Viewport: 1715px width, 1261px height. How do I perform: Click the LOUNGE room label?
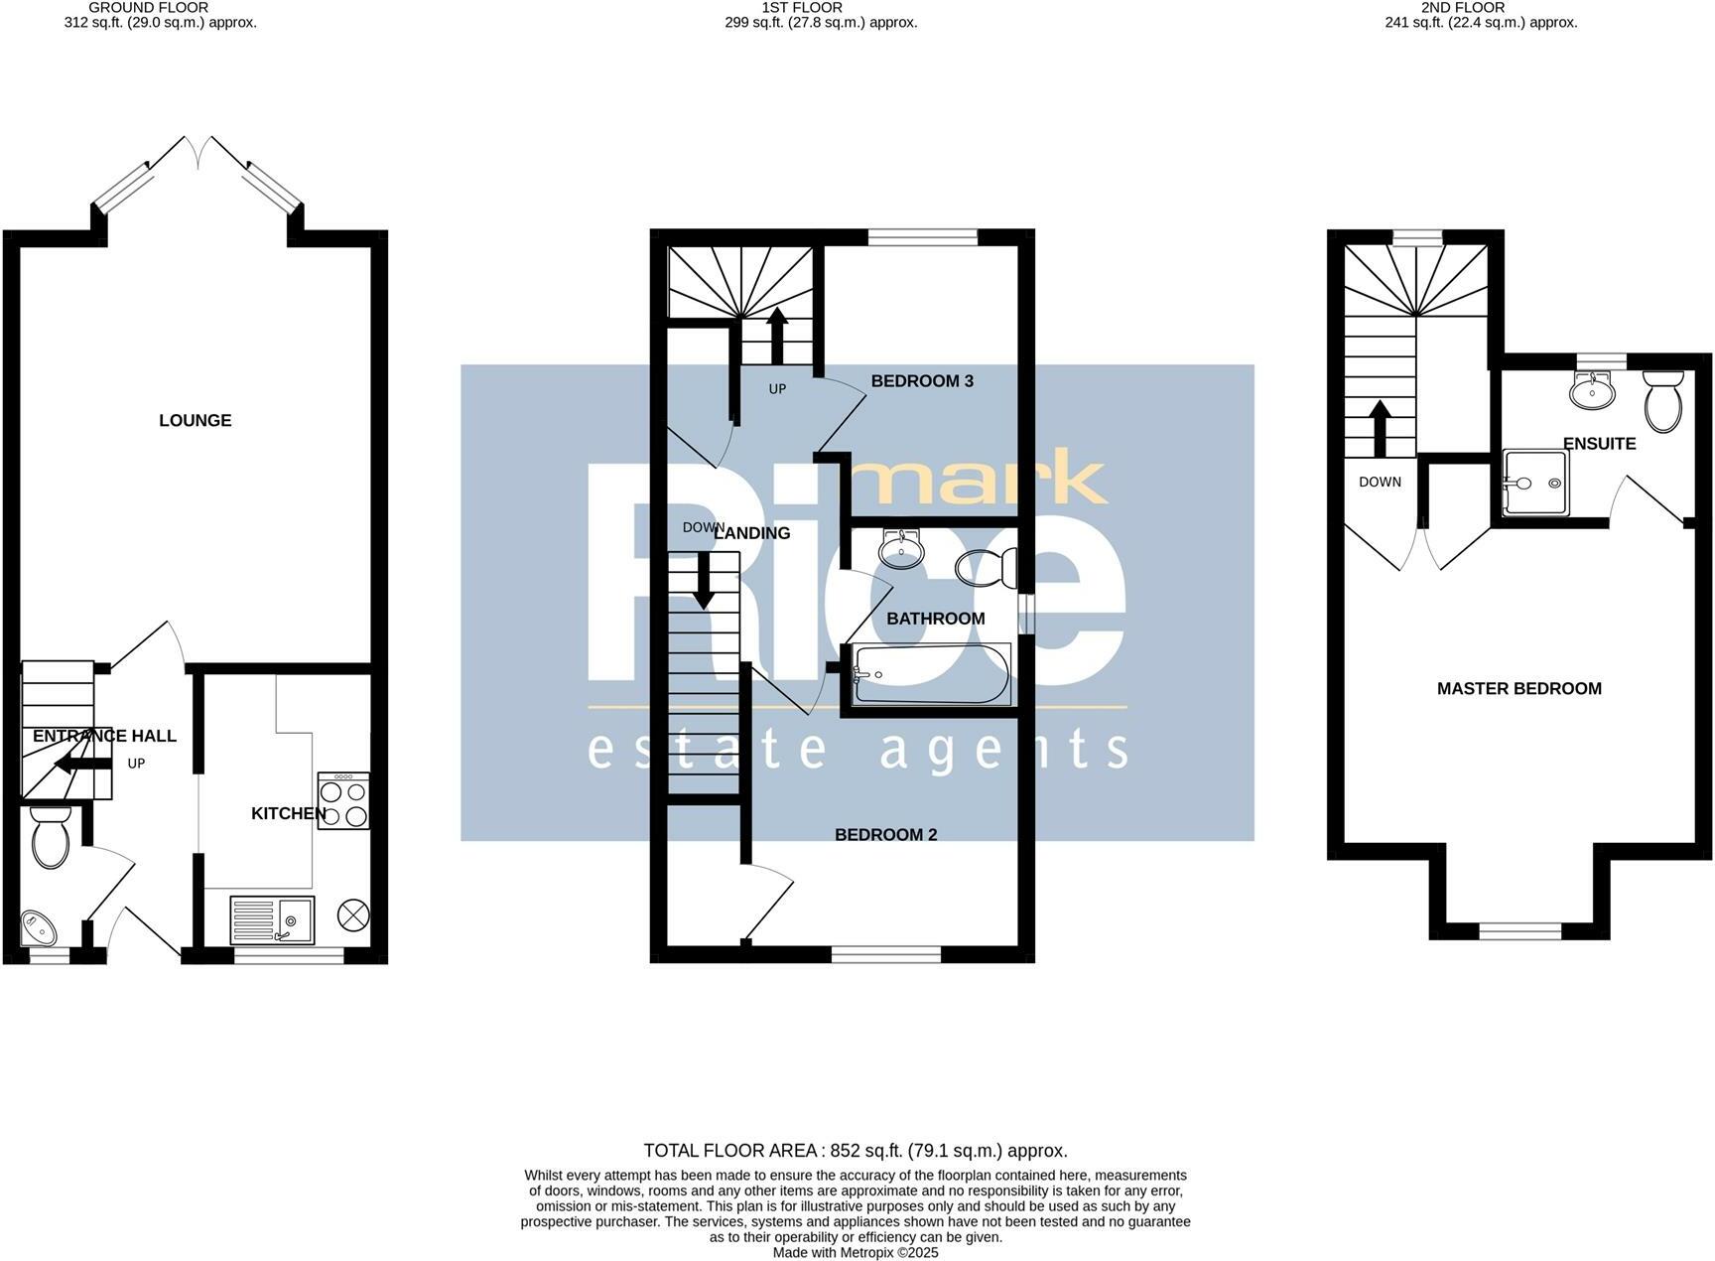point(195,420)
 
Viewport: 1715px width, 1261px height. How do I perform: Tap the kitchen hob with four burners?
point(343,801)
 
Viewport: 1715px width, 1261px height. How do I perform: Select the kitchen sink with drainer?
point(271,920)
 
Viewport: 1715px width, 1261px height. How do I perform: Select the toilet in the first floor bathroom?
point(987,569)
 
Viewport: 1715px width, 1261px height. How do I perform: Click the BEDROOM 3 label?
point(921,381)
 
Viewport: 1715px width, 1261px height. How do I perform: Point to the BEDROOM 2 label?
point(885,835)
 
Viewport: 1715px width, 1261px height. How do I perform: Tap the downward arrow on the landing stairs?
point(703,579)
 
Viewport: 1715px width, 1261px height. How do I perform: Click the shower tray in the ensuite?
point(1535,484)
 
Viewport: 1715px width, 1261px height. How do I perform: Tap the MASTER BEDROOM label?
point(1518,688)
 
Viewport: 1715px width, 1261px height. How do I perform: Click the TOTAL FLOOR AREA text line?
point(856,1151)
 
